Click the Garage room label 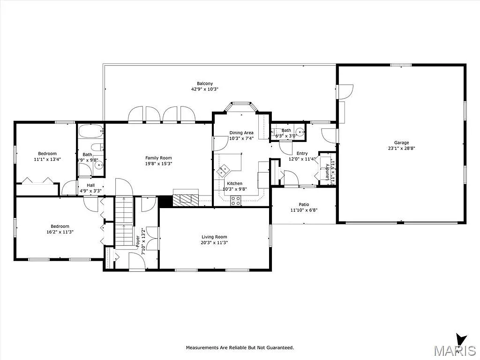(x=401, y=142)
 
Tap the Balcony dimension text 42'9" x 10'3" (x=205, y=89)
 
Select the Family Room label (x=158, y=158)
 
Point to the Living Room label (x=214, y=237)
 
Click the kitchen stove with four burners (x=235, y=201)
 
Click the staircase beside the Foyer (x=125, y=220)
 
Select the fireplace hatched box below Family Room (x=186, y=200)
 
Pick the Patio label (x=304, y=204)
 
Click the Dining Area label (x=241, y=133)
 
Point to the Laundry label (x=327, y=172)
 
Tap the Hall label (x=90, y=185)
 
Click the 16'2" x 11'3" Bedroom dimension (x=60, y=232)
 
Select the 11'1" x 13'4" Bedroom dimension (x=47, y=159)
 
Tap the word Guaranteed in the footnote (x=278, y=348)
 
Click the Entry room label (x=302, y=153)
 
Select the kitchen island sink (x=224, y=169)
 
